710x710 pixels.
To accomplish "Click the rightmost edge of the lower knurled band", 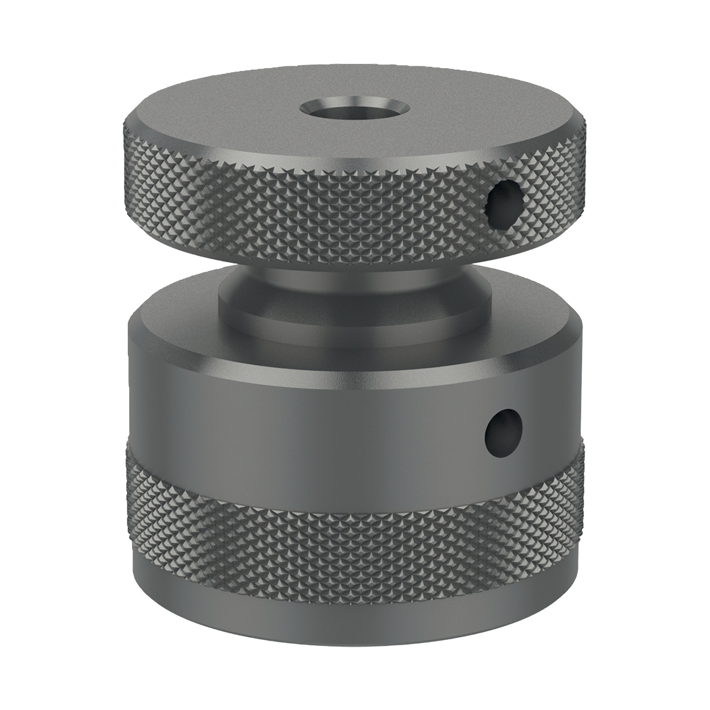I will pyautogui.click(x=584, y=473).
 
